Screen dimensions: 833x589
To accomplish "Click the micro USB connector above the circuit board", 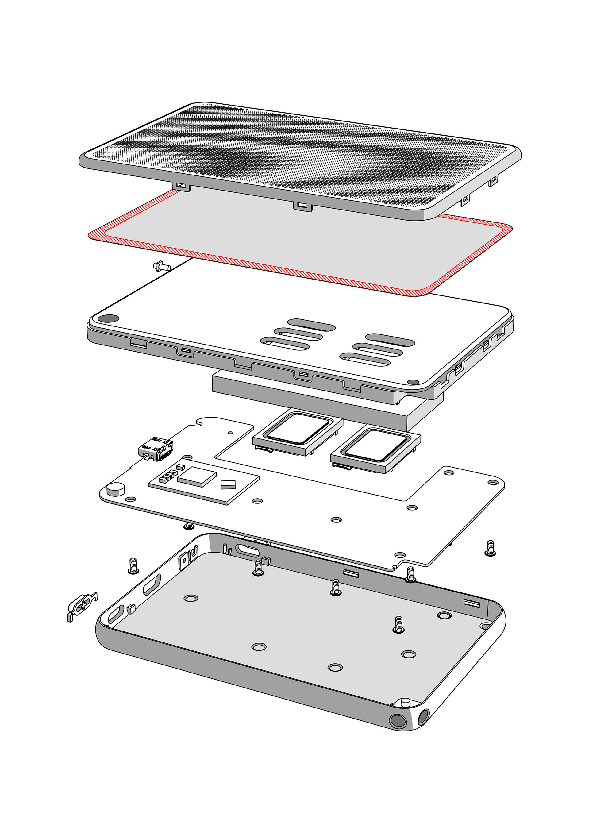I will pos(156,449).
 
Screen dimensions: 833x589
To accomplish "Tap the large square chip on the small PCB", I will pos(197,476).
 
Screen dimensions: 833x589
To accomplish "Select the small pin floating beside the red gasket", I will pos(162,267).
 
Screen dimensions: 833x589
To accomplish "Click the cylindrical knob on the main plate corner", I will pos(116,489).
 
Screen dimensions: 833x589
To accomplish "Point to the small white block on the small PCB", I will pos(228,484).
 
